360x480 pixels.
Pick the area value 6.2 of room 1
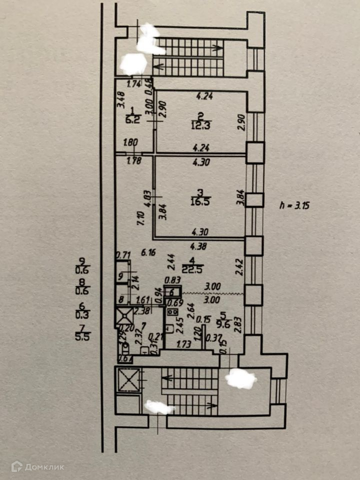[132, 120]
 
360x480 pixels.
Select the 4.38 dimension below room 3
[198, 245]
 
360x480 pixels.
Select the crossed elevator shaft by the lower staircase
[129, 381]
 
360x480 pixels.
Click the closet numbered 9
[121, 275]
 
